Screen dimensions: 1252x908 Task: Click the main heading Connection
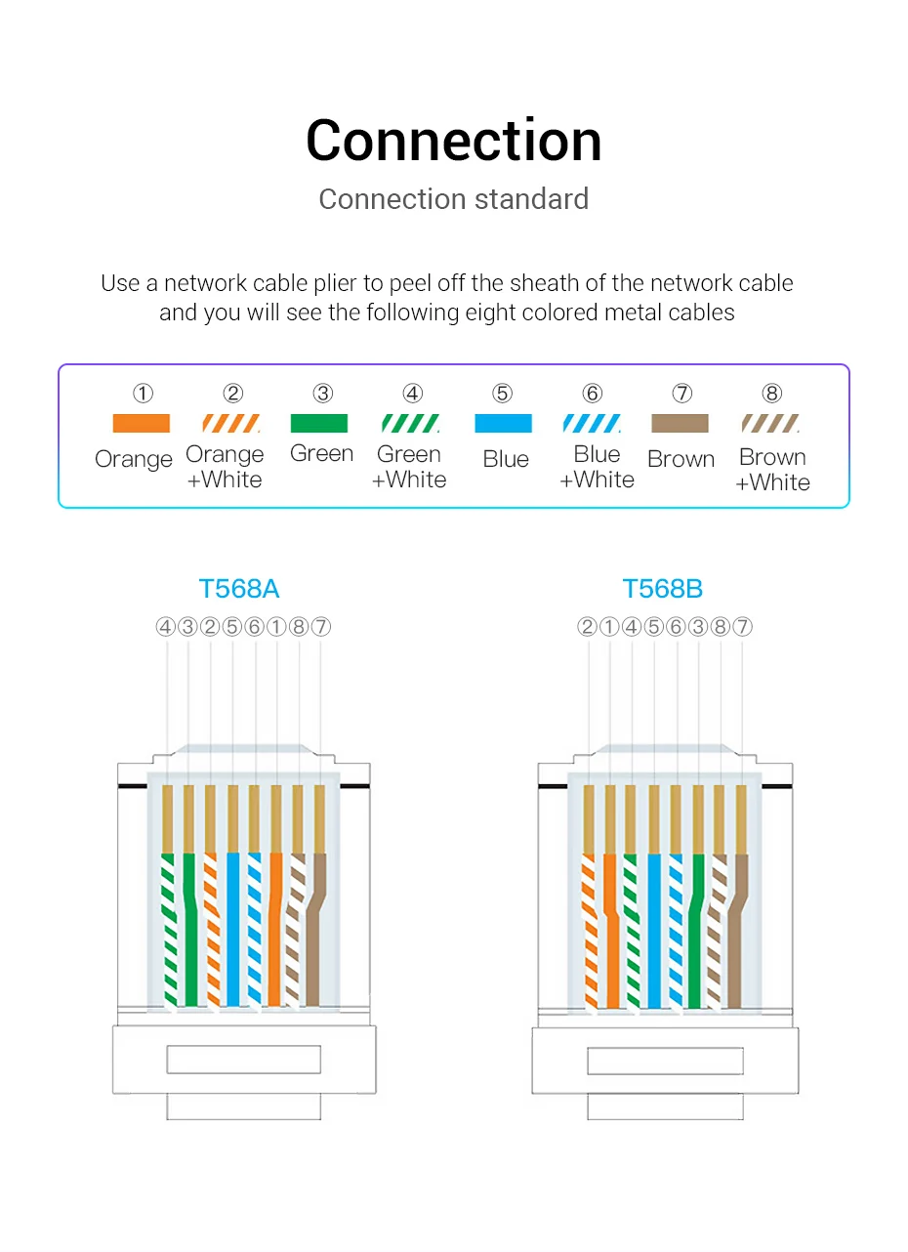[454, 141]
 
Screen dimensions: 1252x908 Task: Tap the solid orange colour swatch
[142, 424]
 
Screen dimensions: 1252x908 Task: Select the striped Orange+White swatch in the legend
[231, 424]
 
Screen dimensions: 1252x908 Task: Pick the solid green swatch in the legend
[319, 424]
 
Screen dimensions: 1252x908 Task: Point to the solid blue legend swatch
[503, 424]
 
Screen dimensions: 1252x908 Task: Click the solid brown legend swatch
[681, 424]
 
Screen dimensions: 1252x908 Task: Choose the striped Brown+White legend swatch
[771, 424]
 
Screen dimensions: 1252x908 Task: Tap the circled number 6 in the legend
[593, 394]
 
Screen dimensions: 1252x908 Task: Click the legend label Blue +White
[597, 467]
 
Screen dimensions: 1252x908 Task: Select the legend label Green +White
[409, 467]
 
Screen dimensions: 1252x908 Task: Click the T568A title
[239, 589]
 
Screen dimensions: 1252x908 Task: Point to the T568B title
[663, 589]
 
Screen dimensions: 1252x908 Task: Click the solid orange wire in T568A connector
[276, 928]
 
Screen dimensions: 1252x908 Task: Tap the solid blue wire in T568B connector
[654, 928]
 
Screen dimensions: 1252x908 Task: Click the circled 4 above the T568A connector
[165, 627]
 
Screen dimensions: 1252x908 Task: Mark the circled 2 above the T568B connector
[587, 627]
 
